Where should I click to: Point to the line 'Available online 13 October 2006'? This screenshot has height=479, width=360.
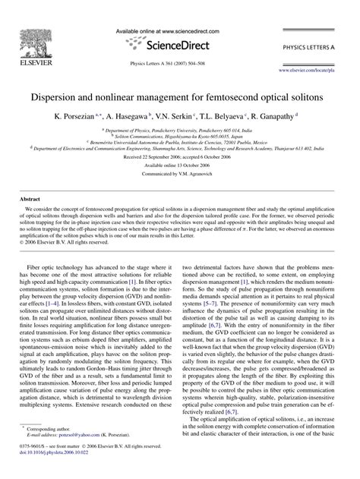click(x=180, y=164)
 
